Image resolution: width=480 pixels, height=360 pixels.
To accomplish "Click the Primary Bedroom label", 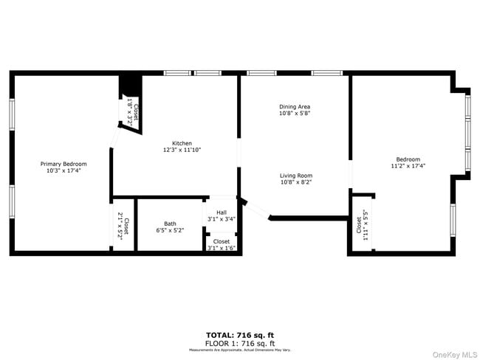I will click(64, 164).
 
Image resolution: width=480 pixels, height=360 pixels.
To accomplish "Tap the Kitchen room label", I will click(182, 143).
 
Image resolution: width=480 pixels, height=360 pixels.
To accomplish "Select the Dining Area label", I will click(295, 107).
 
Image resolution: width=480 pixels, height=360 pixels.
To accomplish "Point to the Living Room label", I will click(295, 176).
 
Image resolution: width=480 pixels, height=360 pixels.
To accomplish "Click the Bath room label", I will click(170, 224).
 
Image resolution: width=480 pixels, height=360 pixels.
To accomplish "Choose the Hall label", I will click(222, 212).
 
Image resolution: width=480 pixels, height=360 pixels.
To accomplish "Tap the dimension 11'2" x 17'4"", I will click(408, 166).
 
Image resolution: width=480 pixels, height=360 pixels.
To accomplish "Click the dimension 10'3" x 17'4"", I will click(64, 170).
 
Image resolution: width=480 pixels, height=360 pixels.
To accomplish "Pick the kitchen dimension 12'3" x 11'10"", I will click(182, 150).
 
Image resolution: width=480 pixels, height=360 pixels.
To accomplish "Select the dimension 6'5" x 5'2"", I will click(170, 230).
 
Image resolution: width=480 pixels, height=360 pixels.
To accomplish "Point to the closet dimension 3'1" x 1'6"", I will click(222, 248).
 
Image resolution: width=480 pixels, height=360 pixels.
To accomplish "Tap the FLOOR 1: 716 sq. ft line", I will click(240, 343).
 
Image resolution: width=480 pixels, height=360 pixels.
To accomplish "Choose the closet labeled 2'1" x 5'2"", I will click(123, 223).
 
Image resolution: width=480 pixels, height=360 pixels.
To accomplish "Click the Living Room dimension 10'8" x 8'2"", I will click(295, 182).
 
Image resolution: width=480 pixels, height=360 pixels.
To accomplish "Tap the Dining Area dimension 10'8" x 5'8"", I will click(295, 114).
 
